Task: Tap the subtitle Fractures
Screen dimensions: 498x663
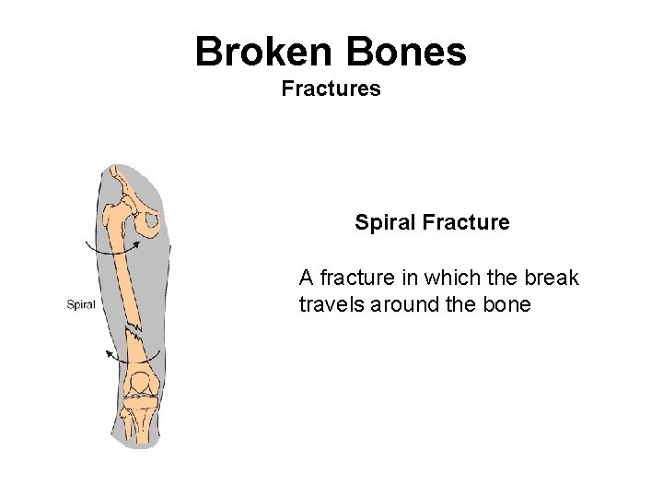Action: click(331, 89)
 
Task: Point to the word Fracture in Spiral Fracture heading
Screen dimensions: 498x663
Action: click(467, 222)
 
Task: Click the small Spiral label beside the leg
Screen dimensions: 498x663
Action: click(81, 304)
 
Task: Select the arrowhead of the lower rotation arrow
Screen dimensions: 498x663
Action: click(109, 353)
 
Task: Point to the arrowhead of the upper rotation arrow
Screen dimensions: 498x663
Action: click(135, 243)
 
